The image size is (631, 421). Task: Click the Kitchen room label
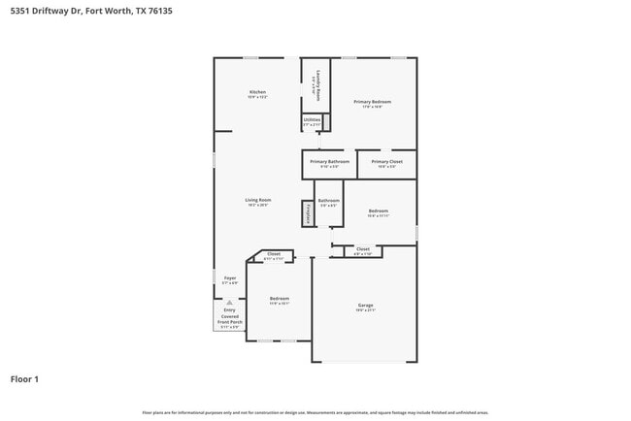click(256, 92)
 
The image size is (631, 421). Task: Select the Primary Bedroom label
click(373, 102)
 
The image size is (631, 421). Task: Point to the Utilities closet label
click(312, 120)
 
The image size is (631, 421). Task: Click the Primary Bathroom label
click(329, 162)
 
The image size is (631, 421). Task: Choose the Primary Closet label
click(386, 162)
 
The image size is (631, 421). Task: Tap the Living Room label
click(257, 201)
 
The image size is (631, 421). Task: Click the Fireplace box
click(308, 213)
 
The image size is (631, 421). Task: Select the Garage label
click(365, 306)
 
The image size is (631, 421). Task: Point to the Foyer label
click(230, 278)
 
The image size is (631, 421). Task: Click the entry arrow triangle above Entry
click(230, 302)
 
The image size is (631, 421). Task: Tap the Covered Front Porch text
click(230, 319)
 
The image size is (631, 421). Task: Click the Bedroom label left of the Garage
click(279, 299)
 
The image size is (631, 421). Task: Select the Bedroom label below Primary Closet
click(378, 211)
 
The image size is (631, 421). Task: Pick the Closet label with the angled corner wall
click(274, 254)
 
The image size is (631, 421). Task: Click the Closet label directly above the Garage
click(362, 249)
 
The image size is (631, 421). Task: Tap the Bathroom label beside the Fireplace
click(328, 201)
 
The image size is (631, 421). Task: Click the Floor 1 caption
click(24, 378)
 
